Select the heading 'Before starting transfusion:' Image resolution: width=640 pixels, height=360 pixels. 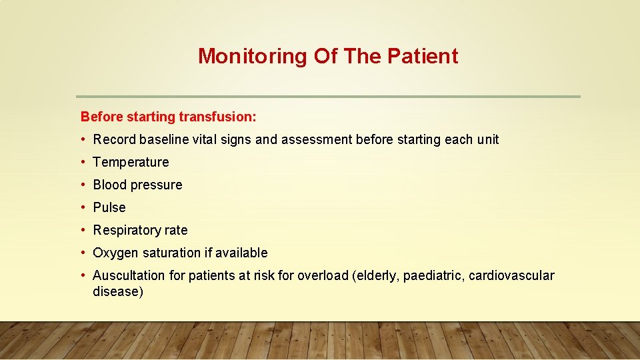(x=168, y=117)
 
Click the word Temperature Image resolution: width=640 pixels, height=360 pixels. (x=131, y=162)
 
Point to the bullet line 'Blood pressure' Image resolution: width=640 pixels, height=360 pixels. (x=137, y=185)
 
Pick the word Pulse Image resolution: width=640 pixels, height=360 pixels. (x=109, y=207)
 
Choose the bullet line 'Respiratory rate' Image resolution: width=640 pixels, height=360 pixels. (x=140, y=230)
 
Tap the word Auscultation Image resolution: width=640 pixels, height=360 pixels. (x=129, y=275)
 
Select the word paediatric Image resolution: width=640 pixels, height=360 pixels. (x=433, y=275)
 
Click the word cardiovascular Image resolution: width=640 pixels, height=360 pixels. (x=511, y=275)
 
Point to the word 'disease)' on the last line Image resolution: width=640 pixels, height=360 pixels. (x=118, y=291)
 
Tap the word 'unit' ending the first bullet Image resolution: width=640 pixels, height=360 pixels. (x=487, y=139)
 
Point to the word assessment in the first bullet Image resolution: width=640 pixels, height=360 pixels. (x=317, y=139)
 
